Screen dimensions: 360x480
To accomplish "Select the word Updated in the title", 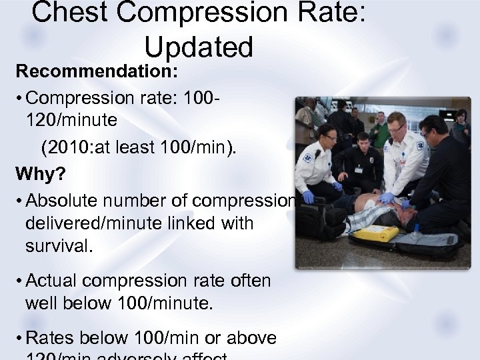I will (198, 47).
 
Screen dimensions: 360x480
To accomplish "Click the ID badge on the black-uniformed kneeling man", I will (359, 169).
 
